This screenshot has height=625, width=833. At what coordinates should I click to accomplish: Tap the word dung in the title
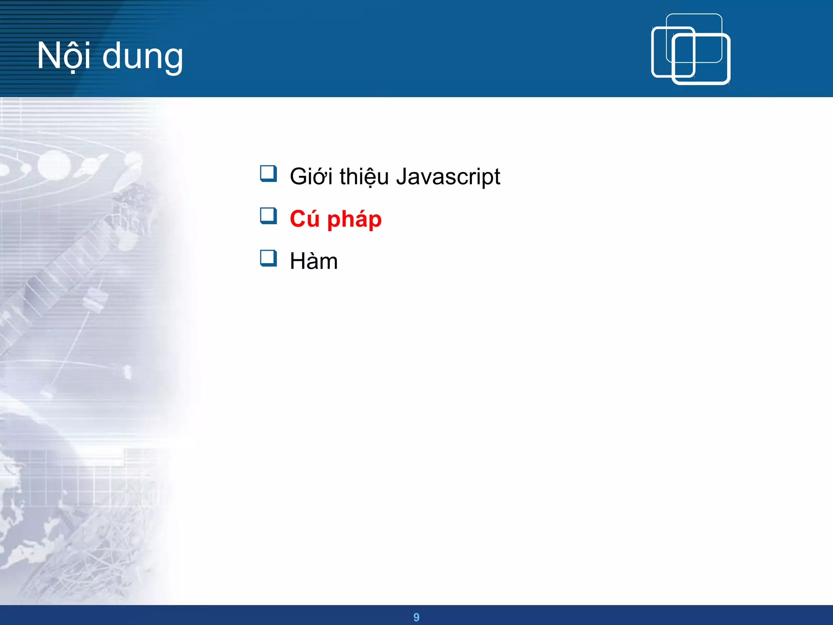pyautogui.click(x=143, y=57)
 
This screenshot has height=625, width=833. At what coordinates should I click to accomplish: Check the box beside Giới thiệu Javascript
pyautogui.click(x=268, y=174)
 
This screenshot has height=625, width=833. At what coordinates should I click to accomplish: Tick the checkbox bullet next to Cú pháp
pyautogui.click(x=268, y=216)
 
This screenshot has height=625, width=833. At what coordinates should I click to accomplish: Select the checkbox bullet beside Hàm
pyautogui.click(x=268, y=258)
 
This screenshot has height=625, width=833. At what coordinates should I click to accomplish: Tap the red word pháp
pyautogui.click(x=354, y=220)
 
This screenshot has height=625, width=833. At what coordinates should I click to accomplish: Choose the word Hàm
pyautogui.click(x=314, y=261)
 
